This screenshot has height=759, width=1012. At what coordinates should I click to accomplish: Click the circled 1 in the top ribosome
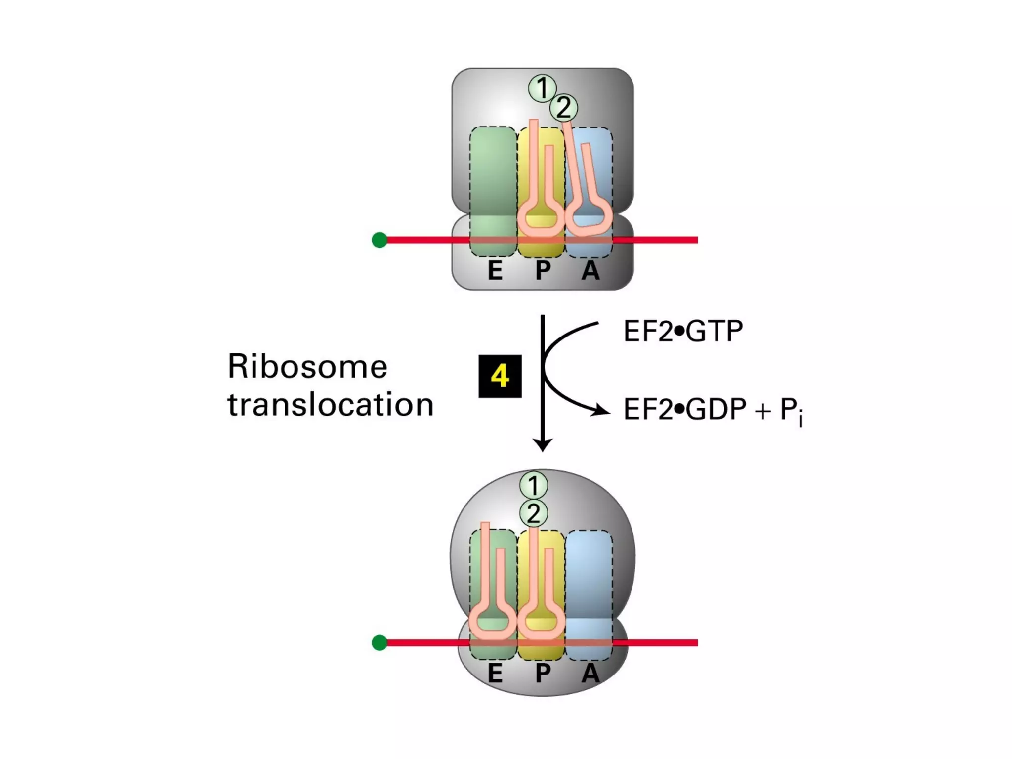click(x=542, y=88)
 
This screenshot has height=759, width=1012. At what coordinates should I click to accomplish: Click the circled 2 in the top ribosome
click(x=563, y=108)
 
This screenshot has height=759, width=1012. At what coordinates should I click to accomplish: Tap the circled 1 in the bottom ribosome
click(x=533, y=485)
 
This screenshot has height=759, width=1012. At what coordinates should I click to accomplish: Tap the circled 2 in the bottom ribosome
click(x=533, y=514)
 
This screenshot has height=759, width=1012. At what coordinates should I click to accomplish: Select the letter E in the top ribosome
click(x=495, y=270)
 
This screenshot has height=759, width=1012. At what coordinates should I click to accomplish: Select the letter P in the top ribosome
click(x=543, y=270)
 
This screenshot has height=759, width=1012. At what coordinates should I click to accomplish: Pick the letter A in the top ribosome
click(x=590, y=270)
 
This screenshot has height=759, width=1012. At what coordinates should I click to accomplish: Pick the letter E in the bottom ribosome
click(x=495, y=674)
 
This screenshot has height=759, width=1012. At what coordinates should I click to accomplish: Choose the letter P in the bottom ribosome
click(x=543, y=674)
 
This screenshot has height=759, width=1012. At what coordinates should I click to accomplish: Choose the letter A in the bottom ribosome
click(x=590, y=674)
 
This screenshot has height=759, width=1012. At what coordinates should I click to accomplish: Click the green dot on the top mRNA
click(x=379, y=240)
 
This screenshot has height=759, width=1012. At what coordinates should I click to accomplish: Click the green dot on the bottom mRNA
click(x=379, y=643)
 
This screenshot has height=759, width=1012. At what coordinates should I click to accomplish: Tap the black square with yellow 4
click(x=500, y=376)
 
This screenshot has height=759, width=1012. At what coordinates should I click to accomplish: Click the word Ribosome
click(x=307, y=367)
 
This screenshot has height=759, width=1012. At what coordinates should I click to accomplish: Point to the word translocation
click(x=330, y=405)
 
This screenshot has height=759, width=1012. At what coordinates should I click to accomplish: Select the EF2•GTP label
click(x=683, y=331)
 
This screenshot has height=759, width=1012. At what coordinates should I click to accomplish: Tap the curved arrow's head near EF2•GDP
click(x=603, y=410)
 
